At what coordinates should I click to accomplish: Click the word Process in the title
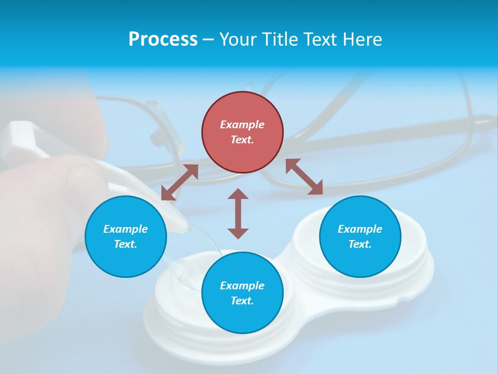tap(163, 39)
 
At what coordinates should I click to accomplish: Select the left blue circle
tap(126, 236)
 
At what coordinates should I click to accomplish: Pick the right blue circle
tap(360, 236)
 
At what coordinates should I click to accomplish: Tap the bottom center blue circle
tap(242, 292)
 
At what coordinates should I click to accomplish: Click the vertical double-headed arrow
tap(238, 213)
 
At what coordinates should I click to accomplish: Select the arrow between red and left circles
tap(179, 182)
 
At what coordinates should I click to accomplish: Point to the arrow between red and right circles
tap(305, 177)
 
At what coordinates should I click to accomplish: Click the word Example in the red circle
tap(242, 125)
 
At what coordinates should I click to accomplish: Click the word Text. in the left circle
tap(126, 244)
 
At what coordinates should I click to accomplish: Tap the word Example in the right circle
tap(360, 229)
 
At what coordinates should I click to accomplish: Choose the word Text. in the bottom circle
tap(242, 301)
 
